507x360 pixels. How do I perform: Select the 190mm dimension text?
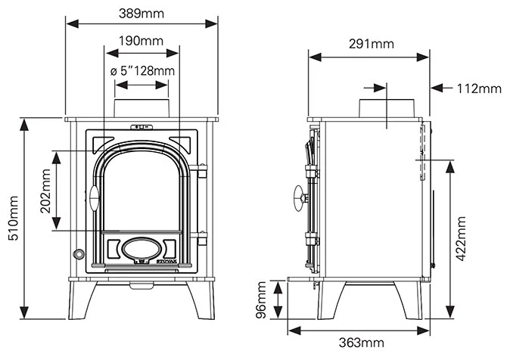tap(142, 41)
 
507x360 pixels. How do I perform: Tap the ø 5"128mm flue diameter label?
tap(143, 70)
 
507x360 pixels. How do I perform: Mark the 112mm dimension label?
tap(479, 88)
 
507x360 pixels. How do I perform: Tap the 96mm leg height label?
tap(262, 301)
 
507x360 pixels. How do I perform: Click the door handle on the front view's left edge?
tap(94, 197)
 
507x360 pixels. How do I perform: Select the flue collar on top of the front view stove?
tap(143, 108)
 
